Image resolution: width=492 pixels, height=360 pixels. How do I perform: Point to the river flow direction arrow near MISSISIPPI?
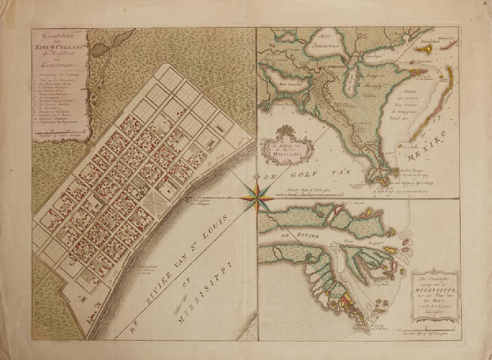[x=185, y=305]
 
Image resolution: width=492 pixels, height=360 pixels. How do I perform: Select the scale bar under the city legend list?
[x=62, y=133]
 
